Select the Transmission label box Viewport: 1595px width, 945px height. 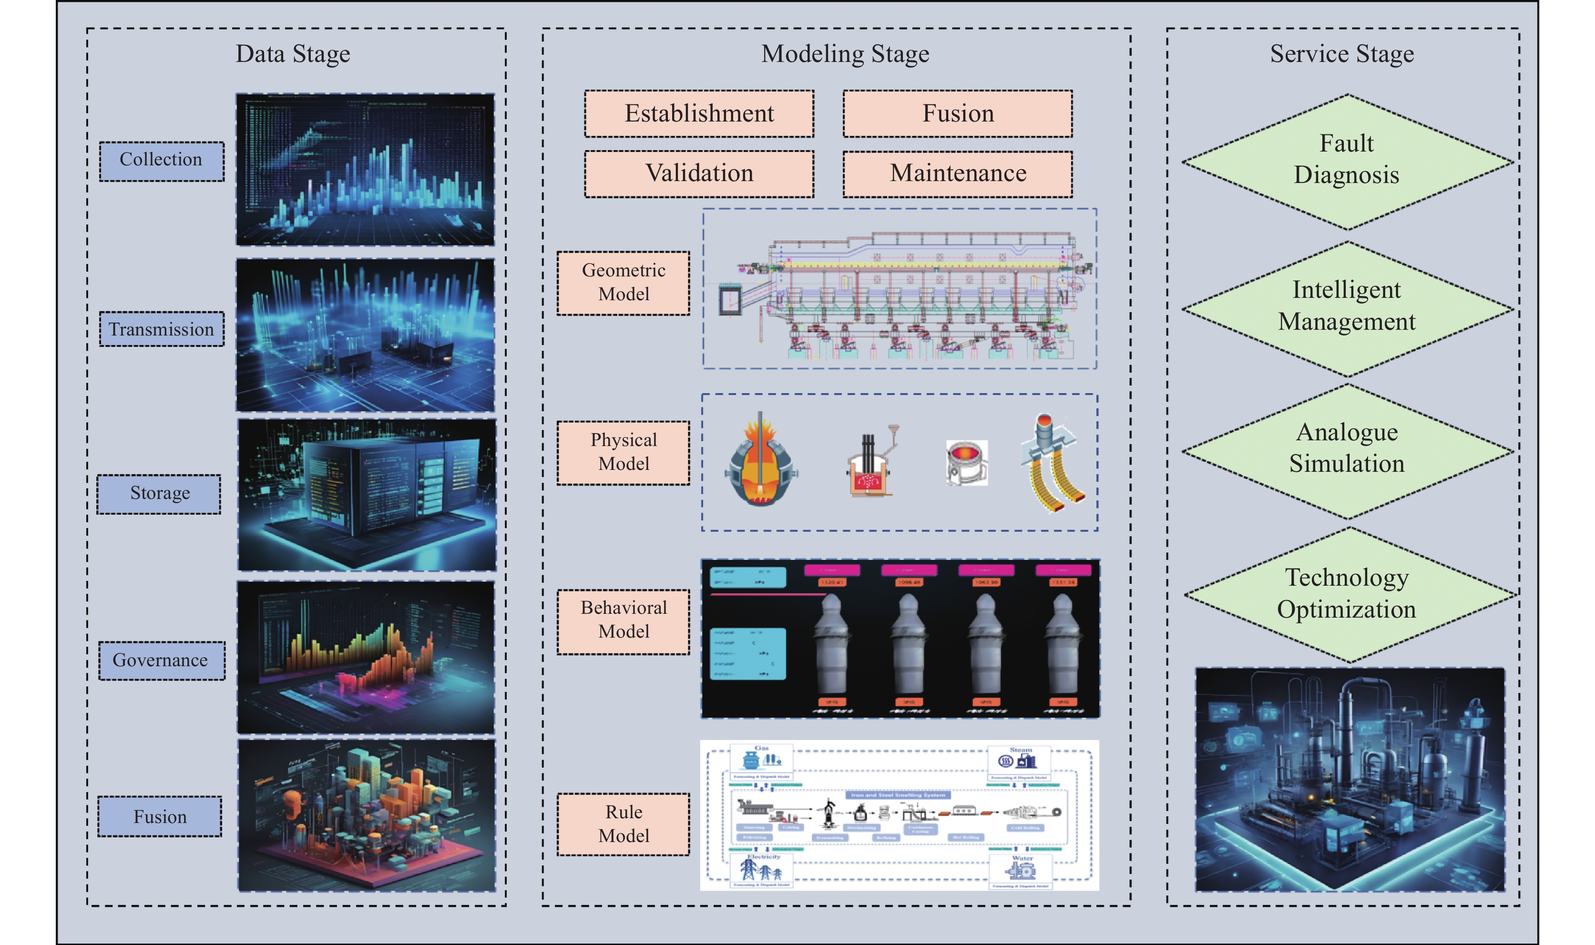161,329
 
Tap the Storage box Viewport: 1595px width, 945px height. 159,494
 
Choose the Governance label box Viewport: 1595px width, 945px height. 161,660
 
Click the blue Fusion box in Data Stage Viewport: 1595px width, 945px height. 160,816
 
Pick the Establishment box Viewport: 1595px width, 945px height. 699,114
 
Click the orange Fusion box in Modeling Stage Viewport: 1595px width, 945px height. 957,114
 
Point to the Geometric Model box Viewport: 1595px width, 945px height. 623,283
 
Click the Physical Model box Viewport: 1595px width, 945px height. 623,452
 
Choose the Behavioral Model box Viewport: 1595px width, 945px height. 623,620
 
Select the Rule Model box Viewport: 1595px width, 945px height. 623,824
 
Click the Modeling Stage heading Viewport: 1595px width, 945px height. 845,54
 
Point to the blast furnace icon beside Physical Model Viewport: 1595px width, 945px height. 760,460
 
